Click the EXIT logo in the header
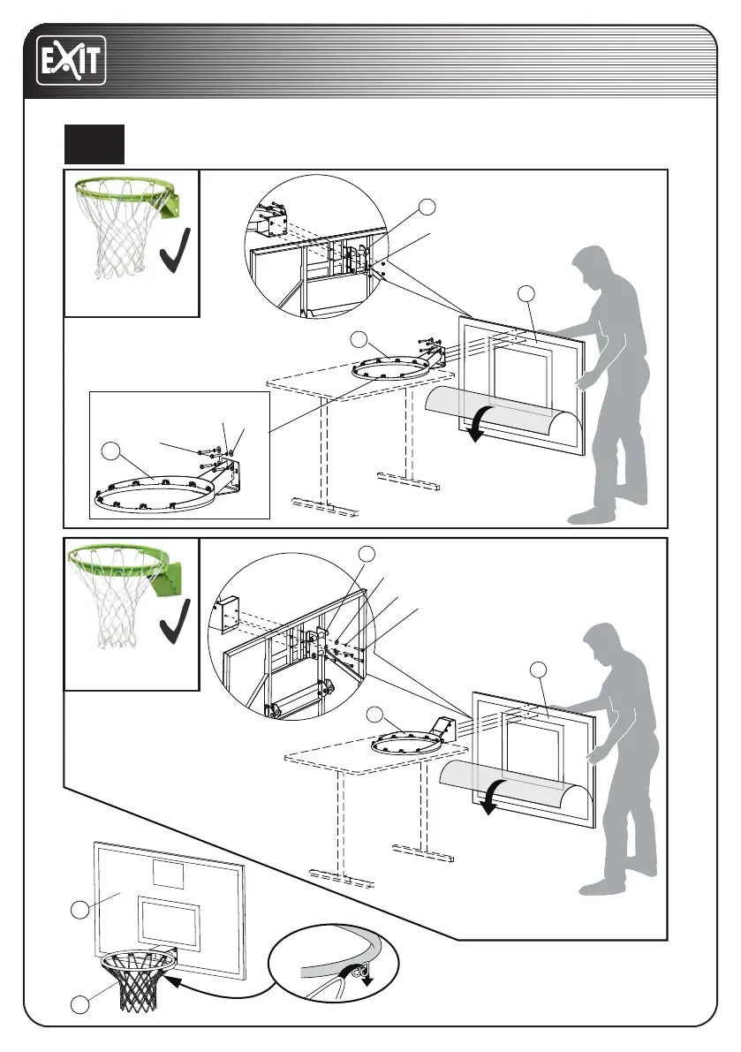tap(71, 61)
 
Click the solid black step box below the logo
tap(95, 144)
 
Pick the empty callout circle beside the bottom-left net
tap(81, 1003)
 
